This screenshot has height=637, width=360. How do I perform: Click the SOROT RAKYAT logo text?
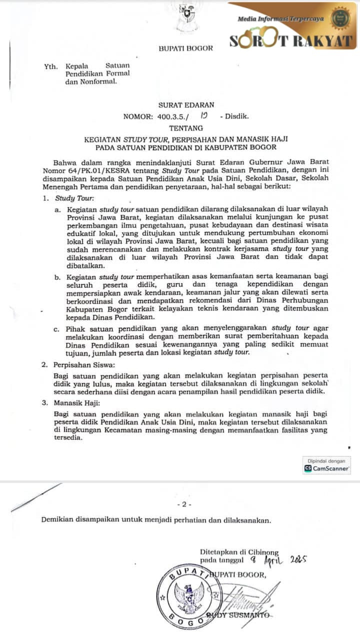pos(292,41)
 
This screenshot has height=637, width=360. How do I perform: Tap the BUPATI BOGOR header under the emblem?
pos(185,48)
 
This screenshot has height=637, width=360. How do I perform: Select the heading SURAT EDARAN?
pos(185,105)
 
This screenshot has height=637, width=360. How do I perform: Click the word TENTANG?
pos(186,128)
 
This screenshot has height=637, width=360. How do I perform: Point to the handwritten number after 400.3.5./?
pos(203,116)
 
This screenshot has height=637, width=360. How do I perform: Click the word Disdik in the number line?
pos(237,116)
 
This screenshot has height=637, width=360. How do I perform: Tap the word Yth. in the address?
pos(50,65)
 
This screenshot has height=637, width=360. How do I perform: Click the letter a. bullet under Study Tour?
pos(58,208)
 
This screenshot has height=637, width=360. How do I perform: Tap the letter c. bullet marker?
pos(58,329)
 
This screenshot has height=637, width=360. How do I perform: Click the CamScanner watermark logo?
pos(327,468)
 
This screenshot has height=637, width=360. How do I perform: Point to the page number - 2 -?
pos(184,504)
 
